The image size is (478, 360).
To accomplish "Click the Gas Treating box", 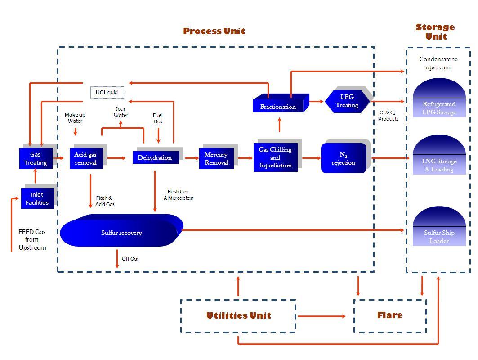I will (36, 158).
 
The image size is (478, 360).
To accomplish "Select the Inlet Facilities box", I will (37, 198).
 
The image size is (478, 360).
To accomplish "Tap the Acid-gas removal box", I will (86, 158).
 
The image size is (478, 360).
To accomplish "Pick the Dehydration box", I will (156, 158).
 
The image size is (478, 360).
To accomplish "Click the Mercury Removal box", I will (216, 158).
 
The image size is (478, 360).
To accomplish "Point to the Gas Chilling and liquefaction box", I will (275, 157).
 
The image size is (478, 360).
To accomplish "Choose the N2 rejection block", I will (344, 158).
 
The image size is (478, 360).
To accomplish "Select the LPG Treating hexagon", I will (347, 101).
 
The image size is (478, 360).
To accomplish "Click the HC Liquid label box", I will (107, 92).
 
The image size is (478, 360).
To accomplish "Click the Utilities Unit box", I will (238, 316).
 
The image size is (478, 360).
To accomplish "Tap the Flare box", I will (390, 315).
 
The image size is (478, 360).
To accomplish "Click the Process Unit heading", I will (214, 31).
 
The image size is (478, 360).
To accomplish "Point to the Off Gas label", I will (130, 259).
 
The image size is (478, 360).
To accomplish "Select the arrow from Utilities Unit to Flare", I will (322, 316).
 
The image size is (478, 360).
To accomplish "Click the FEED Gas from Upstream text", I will (32, 239).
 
